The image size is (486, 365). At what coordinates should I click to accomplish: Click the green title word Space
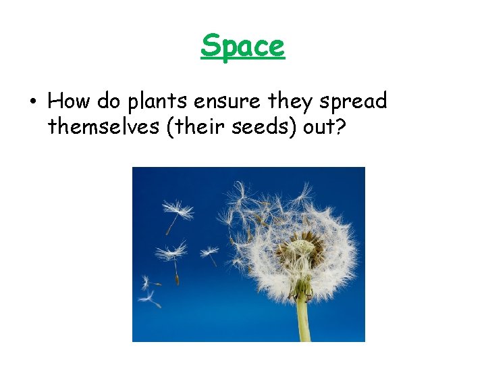[243, 46]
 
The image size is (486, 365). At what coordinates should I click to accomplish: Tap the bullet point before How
[32, 102]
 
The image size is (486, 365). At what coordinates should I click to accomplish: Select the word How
[70, 101]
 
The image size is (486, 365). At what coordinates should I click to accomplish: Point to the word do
[109, 101]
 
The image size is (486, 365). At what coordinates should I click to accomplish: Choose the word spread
[354, 103]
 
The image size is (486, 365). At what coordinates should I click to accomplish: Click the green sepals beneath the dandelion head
[302, 291]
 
